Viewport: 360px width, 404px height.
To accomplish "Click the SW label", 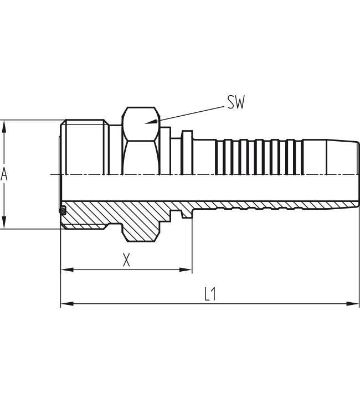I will pos(235,102).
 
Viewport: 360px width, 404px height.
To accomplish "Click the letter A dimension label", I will pos(4,174).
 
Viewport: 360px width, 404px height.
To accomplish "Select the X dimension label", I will pos(126,260).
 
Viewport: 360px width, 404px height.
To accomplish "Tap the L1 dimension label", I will pos(210,294).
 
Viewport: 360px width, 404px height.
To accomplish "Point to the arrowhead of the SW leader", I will pos(148,123).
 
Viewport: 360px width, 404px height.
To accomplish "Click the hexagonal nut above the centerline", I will pos(141,141).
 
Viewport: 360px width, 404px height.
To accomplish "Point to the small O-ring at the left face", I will pos(63,210).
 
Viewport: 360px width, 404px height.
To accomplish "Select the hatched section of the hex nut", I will pos(141,224).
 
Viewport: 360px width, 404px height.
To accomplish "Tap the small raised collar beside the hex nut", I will pos(187,152).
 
